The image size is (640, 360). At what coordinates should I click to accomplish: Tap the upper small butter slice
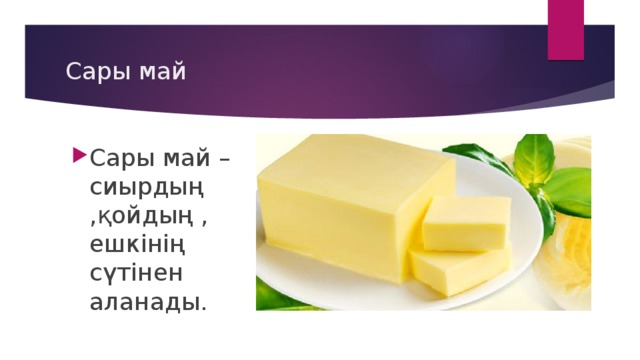tap(466, 222)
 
